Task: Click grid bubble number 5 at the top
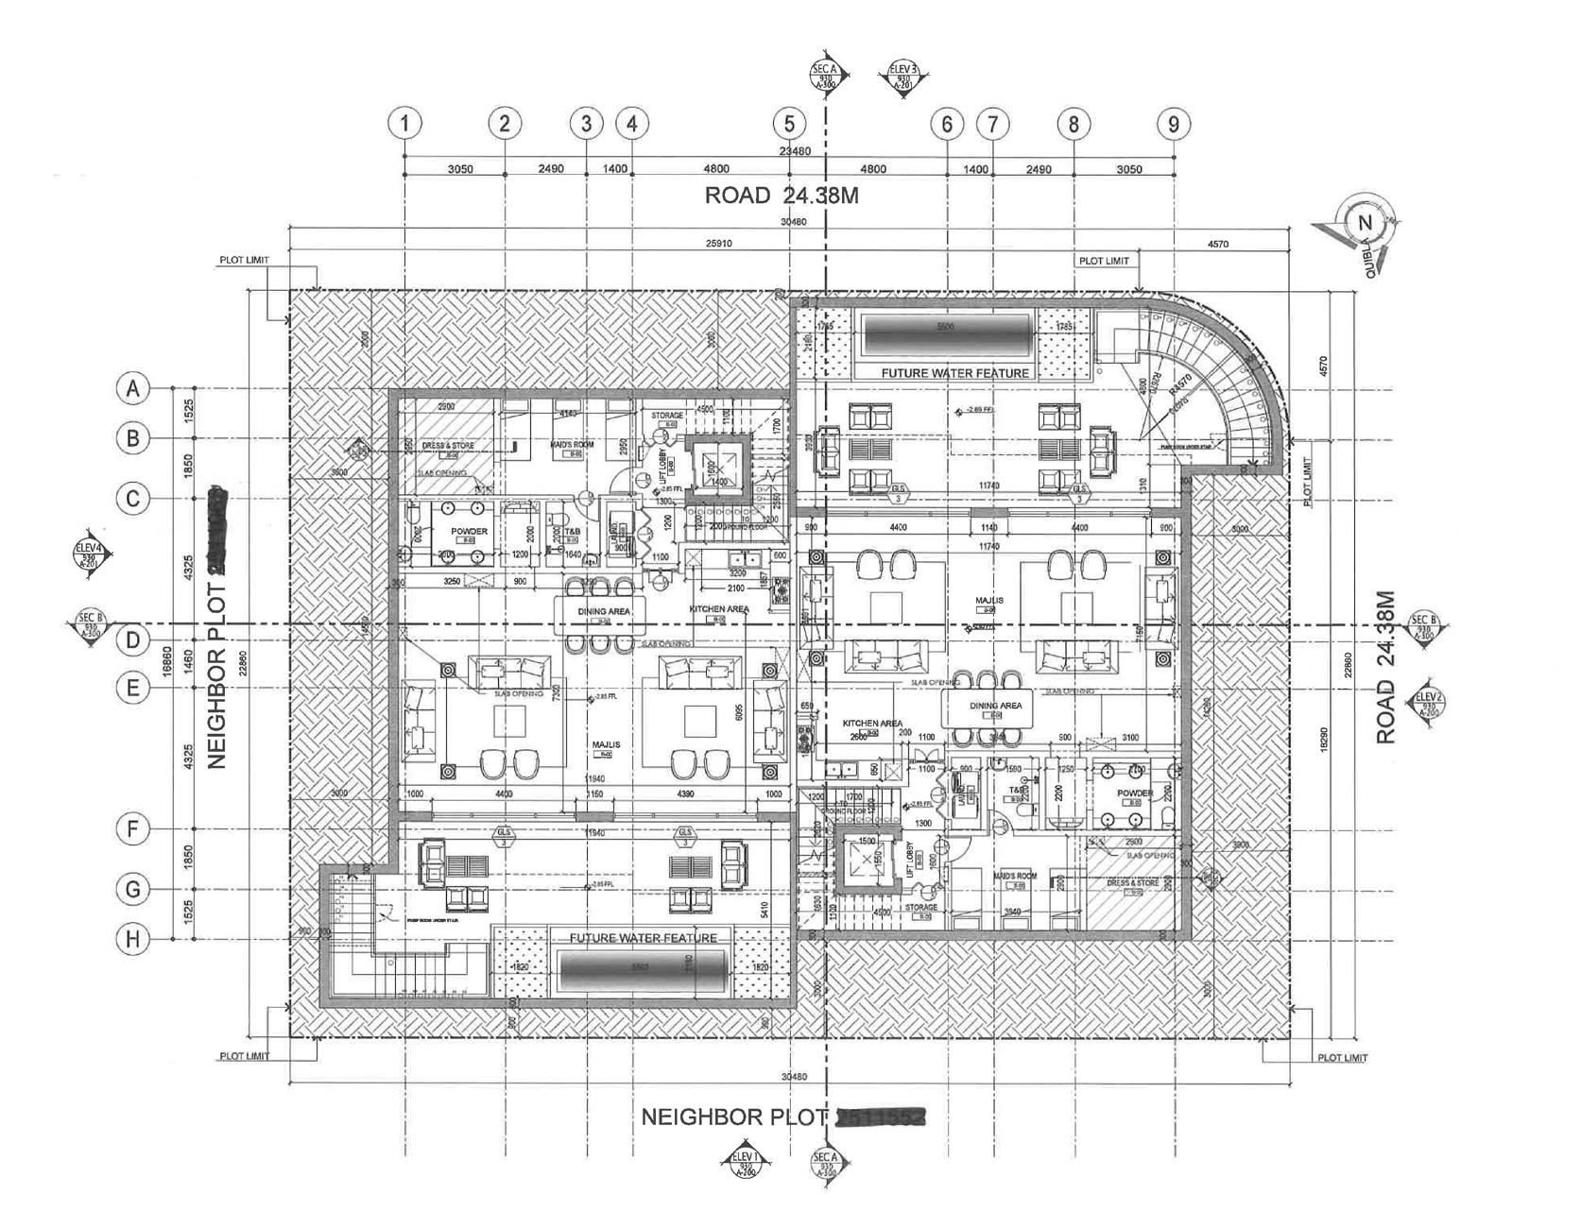pyautogui.click(x=789, y=124)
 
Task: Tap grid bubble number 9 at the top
pyautogui.click(x=1174, y=124)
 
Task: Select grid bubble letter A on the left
pyautogui.click(x=133, y=388)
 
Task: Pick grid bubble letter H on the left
pyautogui.click(x=133, y=939)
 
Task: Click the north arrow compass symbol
pyautogui.click(x=1363, y=224)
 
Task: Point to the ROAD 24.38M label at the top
pyautogui.click(x=782, y=196)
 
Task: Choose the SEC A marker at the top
pyautogui.click(x=825, y=75)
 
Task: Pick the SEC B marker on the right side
pyautogui.click(x=1421, y=626)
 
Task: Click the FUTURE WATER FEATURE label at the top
pyautogui.click(x=954, y=373)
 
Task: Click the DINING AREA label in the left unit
pyautogui.click(x=604, y=611)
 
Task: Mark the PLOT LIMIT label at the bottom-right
pyautogui.click(x=1342, y=1058)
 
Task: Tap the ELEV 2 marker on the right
pyautogui.click(x=1426, y=704)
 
